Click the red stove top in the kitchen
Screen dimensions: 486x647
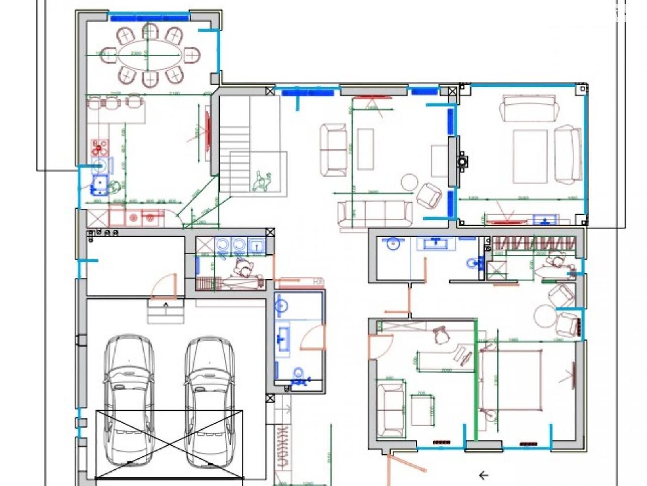(100, 147)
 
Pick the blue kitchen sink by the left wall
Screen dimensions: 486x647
(99, 185)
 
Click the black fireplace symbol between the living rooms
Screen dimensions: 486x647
(461, 161)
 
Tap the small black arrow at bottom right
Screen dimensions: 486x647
(484, 475)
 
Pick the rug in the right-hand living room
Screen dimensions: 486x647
(530, 156)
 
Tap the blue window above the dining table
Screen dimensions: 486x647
(149, 17)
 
